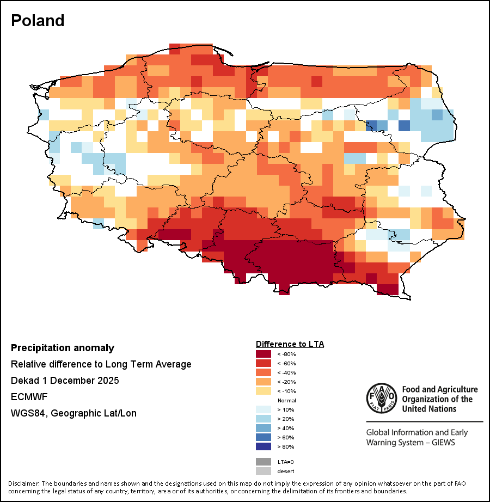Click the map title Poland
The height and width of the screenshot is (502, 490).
click(38, 21)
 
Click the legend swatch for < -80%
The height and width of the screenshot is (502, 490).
click(264, 354)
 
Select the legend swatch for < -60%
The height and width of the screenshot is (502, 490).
click(264, 363)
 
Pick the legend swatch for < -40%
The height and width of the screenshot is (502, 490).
click(264, 372)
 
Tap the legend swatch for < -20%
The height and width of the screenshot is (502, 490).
click(264, 382)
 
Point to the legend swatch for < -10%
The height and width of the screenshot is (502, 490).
click(264, 391)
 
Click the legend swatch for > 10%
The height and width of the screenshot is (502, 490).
click(264, 409)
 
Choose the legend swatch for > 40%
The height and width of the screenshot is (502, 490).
click(264, 428)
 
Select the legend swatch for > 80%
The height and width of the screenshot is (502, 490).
click(264, 446)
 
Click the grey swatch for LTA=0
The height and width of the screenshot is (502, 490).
click(264, 462)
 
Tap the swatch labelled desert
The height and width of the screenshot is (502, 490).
click(264, 471)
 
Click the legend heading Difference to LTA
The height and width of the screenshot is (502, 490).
click(290, 344)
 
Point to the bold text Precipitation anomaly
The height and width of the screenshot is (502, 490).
click(63, 348)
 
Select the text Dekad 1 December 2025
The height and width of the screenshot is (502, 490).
click(65, 381)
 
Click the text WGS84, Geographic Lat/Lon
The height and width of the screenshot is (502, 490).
click(73, 413)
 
